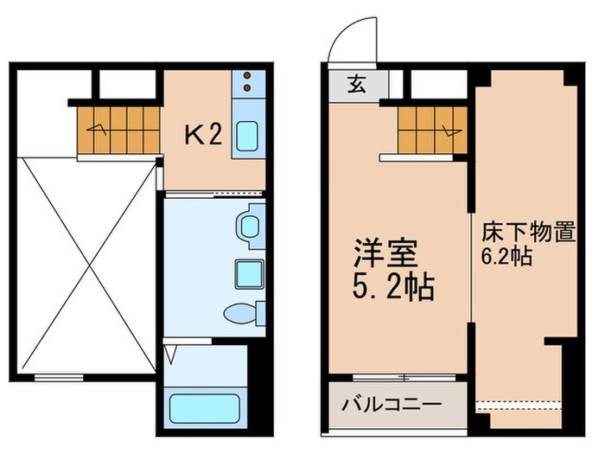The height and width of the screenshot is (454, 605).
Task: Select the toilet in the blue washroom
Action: (239, 313)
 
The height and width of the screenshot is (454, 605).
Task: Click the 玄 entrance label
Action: (356, 85)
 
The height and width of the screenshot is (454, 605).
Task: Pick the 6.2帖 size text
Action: (506, 257)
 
